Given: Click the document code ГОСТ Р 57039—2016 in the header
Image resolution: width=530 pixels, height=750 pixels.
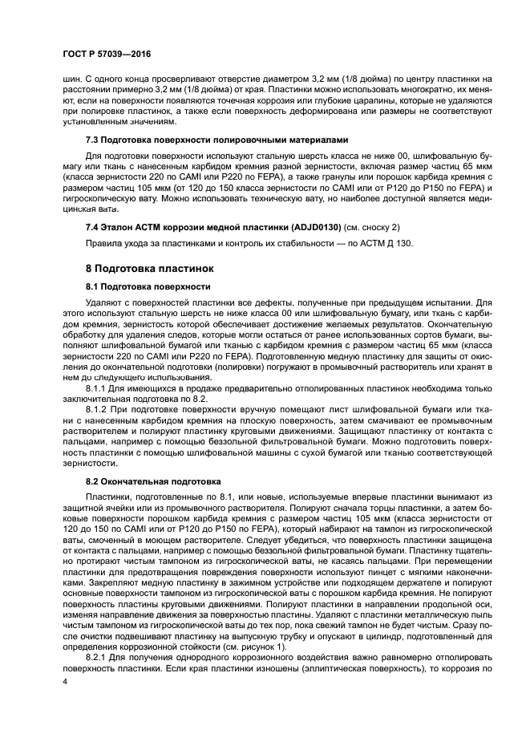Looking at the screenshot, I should pyautogui.click(x=107, y=55).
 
